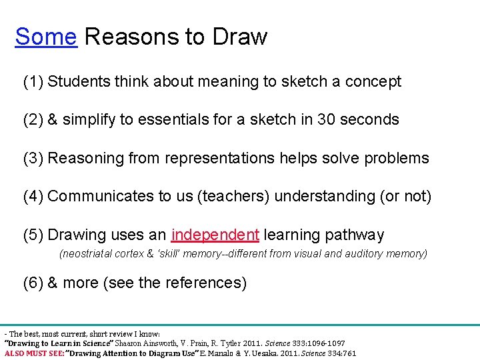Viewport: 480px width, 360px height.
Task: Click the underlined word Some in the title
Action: coord(45,37)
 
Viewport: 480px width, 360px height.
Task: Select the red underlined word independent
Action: coord(215,235)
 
